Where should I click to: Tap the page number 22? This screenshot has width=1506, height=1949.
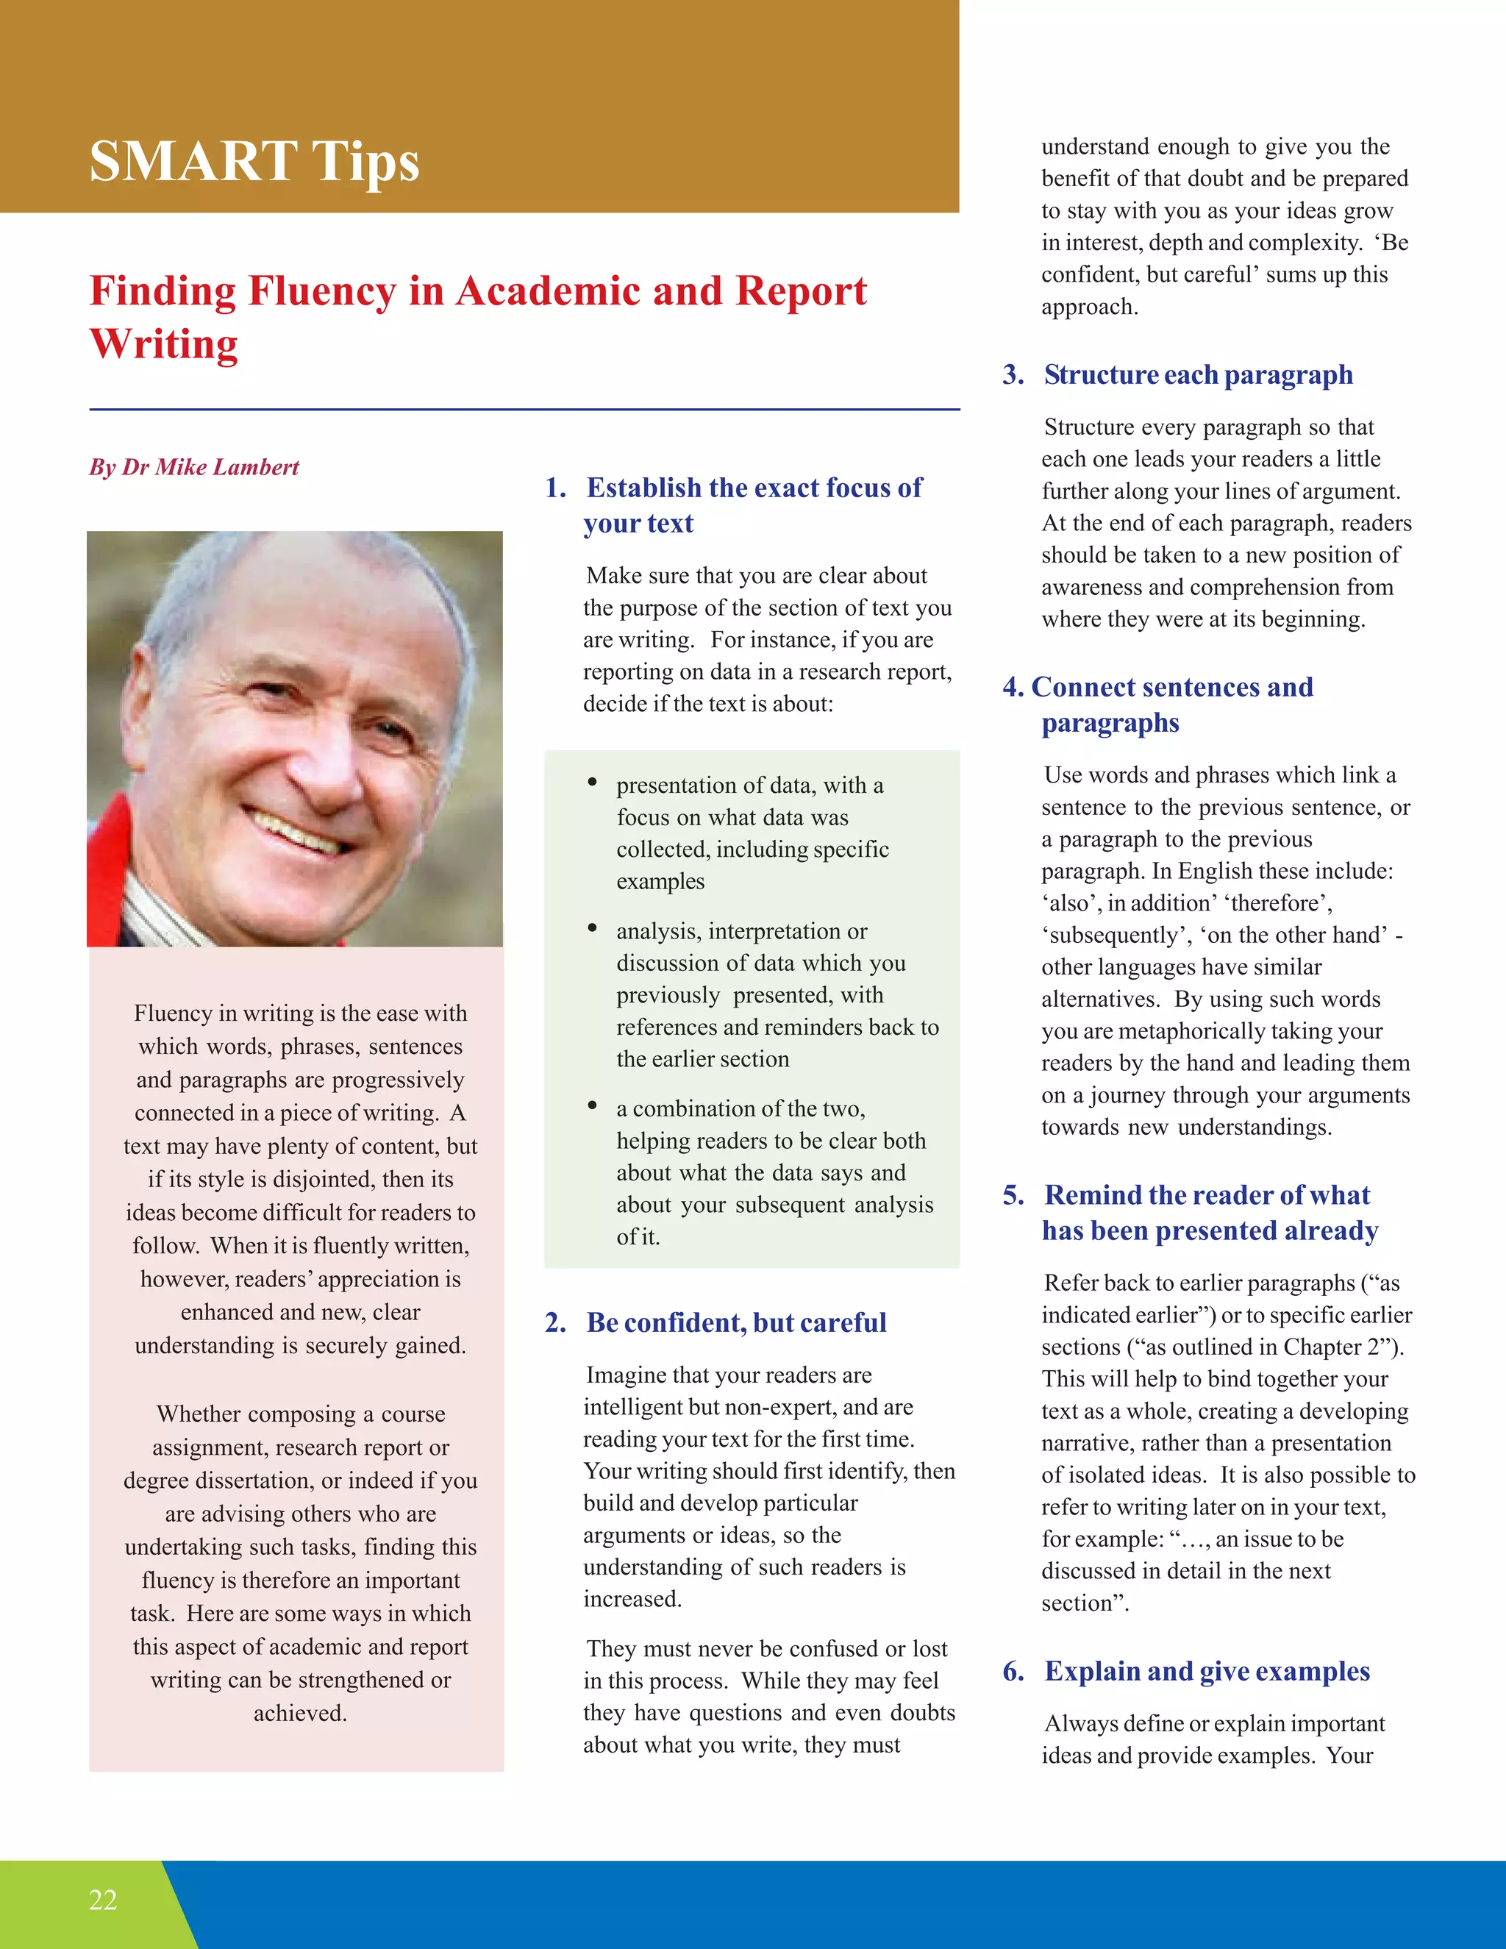103,1899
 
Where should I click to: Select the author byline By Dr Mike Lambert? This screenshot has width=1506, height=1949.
193,467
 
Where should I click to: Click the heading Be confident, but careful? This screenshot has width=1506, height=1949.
736,1322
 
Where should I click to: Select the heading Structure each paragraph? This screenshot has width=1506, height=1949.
1198,375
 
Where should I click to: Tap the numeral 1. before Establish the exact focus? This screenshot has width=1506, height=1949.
555,488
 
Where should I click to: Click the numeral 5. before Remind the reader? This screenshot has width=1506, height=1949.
1013,1195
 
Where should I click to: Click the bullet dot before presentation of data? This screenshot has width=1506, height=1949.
591,783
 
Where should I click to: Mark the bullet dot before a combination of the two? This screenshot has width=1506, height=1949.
591,1105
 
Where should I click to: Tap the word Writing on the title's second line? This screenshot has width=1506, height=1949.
164,343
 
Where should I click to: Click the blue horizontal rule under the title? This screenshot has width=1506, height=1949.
524,410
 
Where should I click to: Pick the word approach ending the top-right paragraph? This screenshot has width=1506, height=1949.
1088,307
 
